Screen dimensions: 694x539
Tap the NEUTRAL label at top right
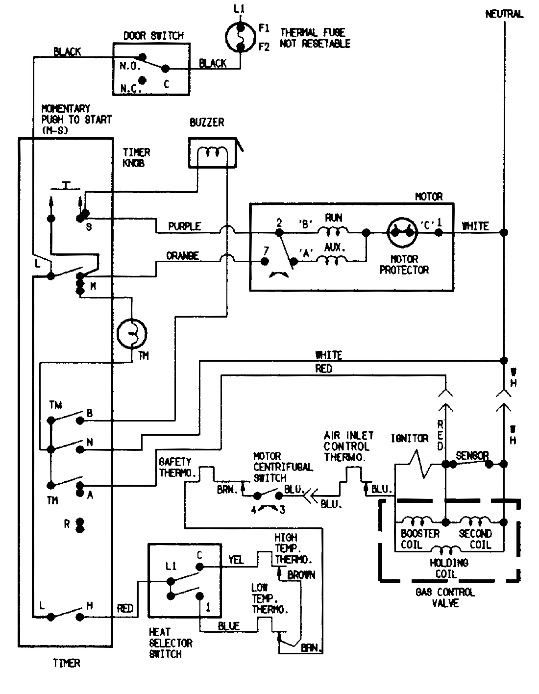point(504,14)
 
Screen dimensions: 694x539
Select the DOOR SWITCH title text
point(153,36)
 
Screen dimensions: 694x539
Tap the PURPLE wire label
point(184,226)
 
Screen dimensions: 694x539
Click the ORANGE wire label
point(182,256)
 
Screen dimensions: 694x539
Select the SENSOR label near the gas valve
point(472,456)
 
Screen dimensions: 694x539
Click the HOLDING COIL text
point(449,568)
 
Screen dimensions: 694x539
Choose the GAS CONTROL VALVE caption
point(445,597)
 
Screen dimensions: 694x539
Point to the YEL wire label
point(236,560)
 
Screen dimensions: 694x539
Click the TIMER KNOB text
point(136,158)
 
